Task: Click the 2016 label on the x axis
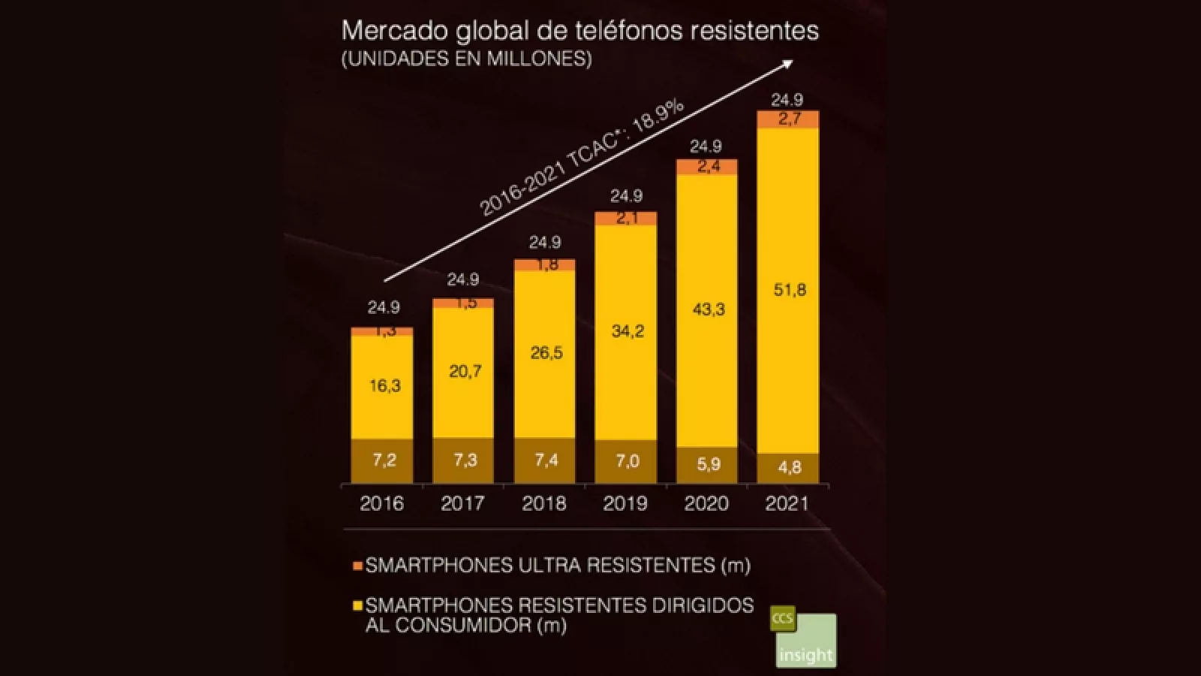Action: tap(381, 503)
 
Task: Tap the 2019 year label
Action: tap(625, 503)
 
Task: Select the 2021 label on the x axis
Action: tap(787, 503)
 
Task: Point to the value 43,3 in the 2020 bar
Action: tap(707, 309)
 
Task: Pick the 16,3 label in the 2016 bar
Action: tap(384, 386)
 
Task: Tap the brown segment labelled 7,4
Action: tap(546, 460)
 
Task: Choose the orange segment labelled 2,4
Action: tap(707, 167)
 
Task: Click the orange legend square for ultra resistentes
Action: tap(357, 565)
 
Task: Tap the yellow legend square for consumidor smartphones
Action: tap(357, 605)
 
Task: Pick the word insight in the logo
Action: tap(806, 654)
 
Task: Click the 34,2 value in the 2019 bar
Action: tap(627, 331)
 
